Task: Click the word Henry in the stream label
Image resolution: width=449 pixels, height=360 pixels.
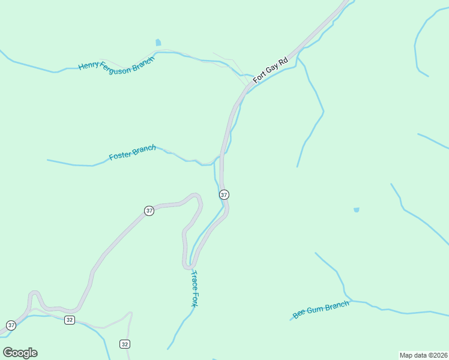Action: [89, 65]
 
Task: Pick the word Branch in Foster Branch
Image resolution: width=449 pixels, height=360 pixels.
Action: [144, 148]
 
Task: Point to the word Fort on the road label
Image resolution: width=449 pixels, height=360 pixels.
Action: [259, 77]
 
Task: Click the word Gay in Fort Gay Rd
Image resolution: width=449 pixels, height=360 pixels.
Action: [272, 67]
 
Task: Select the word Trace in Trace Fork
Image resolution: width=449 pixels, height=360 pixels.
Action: [194, 280]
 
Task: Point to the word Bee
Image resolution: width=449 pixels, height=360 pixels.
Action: [299, 314]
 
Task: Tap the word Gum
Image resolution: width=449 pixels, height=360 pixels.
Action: [315, 310]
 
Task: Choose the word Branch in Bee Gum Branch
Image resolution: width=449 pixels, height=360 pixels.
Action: [337, 305]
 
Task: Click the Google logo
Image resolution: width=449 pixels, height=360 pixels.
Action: [20, 353]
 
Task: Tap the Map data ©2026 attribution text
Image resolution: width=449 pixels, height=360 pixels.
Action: [423, 355]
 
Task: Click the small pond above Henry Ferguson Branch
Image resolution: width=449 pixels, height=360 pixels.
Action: [158, 43]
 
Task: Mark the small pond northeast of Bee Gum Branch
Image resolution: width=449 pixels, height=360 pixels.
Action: [357, 210]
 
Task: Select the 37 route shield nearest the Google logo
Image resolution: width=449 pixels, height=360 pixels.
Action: [11, 325]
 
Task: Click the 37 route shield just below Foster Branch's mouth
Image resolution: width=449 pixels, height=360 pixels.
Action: [224, 194]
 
